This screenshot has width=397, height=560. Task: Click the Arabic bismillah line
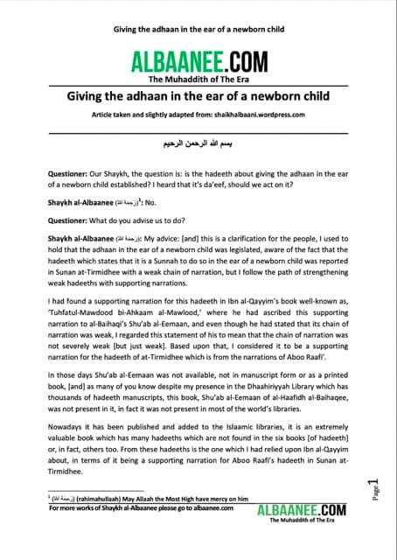point(198,140)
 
